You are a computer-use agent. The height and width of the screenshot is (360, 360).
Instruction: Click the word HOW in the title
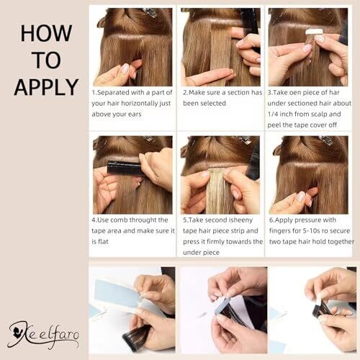(46, 33)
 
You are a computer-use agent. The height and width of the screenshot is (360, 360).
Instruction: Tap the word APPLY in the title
(46, 87)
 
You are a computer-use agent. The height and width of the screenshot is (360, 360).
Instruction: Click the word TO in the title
(46, 60)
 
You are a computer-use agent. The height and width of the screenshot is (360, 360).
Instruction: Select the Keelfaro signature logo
(43, 334)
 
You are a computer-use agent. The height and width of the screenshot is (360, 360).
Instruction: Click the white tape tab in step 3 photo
(312, 32)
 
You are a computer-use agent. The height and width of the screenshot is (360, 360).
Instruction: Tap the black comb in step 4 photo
(124, 167)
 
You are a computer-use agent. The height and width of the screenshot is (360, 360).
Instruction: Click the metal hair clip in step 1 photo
(150, 12)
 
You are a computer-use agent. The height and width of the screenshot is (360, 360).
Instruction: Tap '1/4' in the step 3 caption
(273, 114)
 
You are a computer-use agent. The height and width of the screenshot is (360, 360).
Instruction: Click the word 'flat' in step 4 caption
(103, 241)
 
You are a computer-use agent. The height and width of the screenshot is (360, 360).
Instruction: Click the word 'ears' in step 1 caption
(135, 114)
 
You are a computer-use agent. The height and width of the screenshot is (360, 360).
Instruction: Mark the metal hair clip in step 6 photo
(325, 140)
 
